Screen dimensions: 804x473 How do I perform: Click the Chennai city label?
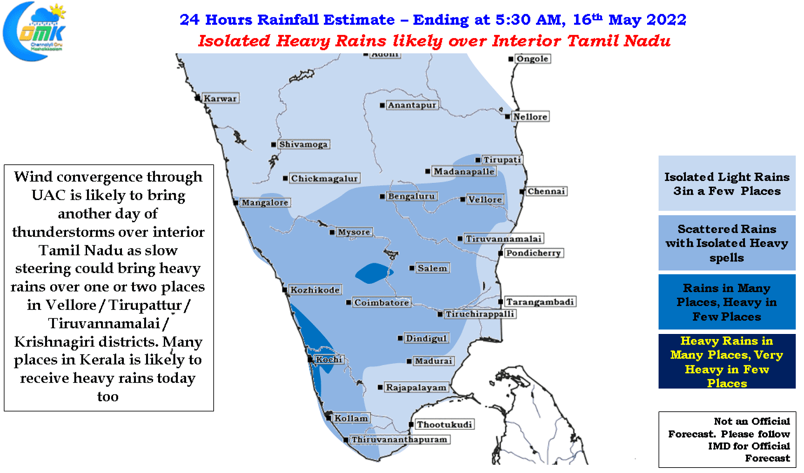point(546,191)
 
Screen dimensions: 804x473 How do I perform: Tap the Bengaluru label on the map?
point(412,196)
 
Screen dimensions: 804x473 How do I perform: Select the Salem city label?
point(432,268)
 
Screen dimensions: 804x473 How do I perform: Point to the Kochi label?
point(329,359)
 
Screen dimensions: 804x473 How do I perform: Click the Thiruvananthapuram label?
point(399,439)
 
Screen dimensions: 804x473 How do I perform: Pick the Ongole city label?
point(532,59)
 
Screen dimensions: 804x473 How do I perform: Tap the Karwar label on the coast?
point(220,98)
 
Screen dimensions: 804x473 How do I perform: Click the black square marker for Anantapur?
point(382,105)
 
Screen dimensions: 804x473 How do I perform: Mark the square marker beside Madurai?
point(409,361)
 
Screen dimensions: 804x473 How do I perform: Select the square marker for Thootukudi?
point(412,425)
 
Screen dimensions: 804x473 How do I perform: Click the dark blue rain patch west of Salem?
point(373,273)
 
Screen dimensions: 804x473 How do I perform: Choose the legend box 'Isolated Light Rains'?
point(727,183)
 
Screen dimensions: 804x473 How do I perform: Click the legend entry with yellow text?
point(727,361)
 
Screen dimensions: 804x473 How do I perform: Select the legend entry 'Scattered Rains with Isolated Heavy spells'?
point(727,243)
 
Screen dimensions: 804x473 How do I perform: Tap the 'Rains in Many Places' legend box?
point(727,302)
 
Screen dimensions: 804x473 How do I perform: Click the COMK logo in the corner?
point(34,31)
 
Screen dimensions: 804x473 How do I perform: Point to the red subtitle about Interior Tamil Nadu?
point(434,41)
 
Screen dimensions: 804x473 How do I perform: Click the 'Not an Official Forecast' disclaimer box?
point(727,439)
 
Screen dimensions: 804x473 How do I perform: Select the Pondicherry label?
point(533,253)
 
